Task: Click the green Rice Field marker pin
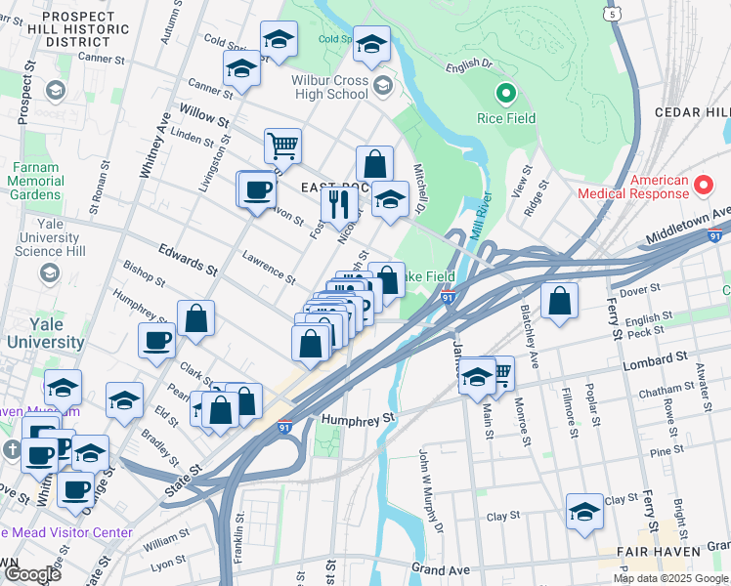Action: point(506,95)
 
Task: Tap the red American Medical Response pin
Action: point(702,184)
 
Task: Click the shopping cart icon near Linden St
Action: point(282,146)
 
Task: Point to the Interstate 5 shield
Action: point(612,14)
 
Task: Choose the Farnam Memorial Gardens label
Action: point(36,181)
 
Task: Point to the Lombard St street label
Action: point(652,364)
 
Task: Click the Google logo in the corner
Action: point(31,574)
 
